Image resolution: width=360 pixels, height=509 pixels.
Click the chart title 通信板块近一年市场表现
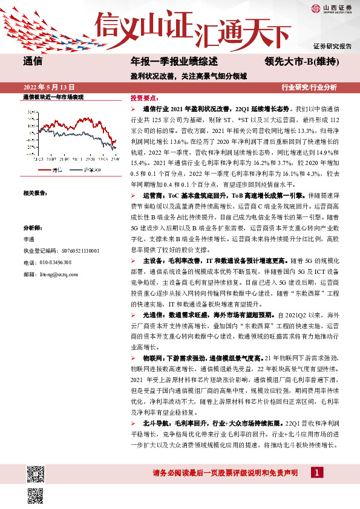coord(53,97)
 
